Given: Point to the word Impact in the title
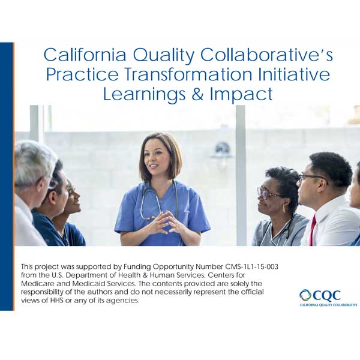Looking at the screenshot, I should [242, 95].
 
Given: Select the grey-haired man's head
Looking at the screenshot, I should [33, 165].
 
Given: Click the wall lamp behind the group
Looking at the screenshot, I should [222, 149].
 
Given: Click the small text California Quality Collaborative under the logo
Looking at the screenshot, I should [328, 305].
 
